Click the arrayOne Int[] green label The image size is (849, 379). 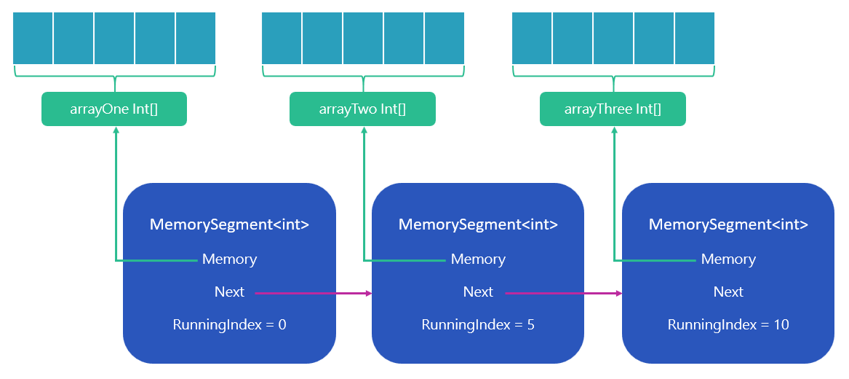[114, 109]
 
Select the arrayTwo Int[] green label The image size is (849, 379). [362, 109]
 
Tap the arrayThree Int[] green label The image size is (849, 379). [613, 109]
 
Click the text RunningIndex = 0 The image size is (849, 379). [229, 324]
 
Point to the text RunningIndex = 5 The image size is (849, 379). [478, 324]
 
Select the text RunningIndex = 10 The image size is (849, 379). [728, 324]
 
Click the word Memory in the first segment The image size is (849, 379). [229, 259]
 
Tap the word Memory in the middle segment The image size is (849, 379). [478, 259]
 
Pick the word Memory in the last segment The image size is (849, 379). [728, 259]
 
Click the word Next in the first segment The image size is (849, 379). [229, 292]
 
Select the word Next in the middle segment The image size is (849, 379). [478, 292]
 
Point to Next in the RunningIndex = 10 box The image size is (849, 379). [728, 292]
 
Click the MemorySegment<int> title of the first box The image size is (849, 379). [229, 224]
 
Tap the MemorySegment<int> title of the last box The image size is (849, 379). [728, 224]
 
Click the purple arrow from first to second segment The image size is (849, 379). [313, 293]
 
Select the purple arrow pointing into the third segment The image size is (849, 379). [564, 293]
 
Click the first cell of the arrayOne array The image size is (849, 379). [33, 38]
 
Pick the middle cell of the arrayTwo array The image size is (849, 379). [363, 38]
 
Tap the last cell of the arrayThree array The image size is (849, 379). [694, 38]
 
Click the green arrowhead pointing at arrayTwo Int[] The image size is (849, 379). [364, 131]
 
